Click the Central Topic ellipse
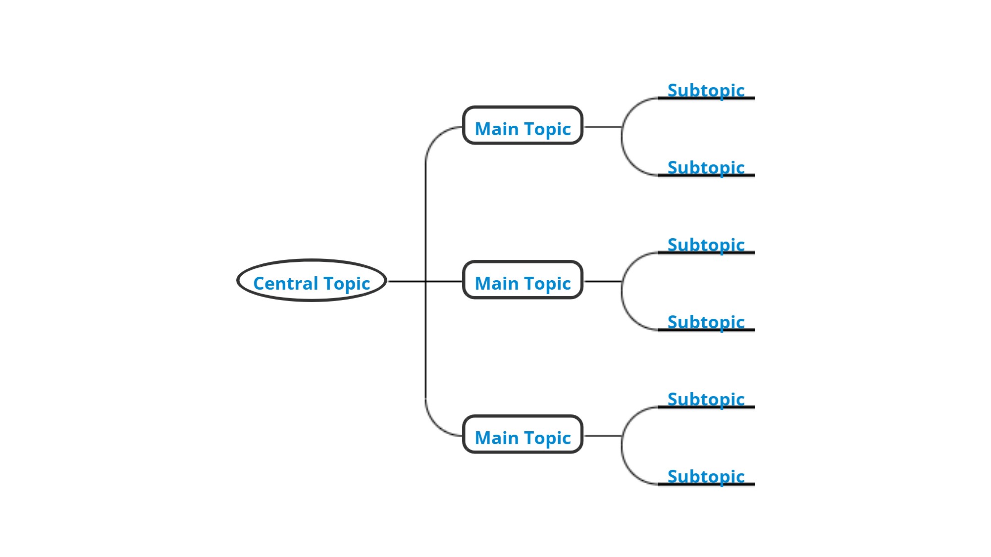(312, 280)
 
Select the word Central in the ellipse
(285, 283)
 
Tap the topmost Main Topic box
(522, 126)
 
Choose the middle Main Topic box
(522, 280)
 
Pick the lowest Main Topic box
(522, 435)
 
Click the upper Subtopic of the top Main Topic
(706, 91)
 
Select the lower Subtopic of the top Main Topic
(706, 168)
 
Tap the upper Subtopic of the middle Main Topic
(706, 245)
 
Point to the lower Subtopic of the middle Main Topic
(706, 322)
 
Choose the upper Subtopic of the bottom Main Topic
(706, 400)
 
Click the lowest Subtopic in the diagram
(706, 477)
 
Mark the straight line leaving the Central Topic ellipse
(406, 281)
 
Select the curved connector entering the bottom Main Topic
(434, 422)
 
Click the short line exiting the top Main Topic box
(603, 127)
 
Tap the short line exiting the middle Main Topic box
(603, 281)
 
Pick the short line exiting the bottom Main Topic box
(603, 436)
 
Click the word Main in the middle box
(496, 283)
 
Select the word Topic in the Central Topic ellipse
(347, 283)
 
